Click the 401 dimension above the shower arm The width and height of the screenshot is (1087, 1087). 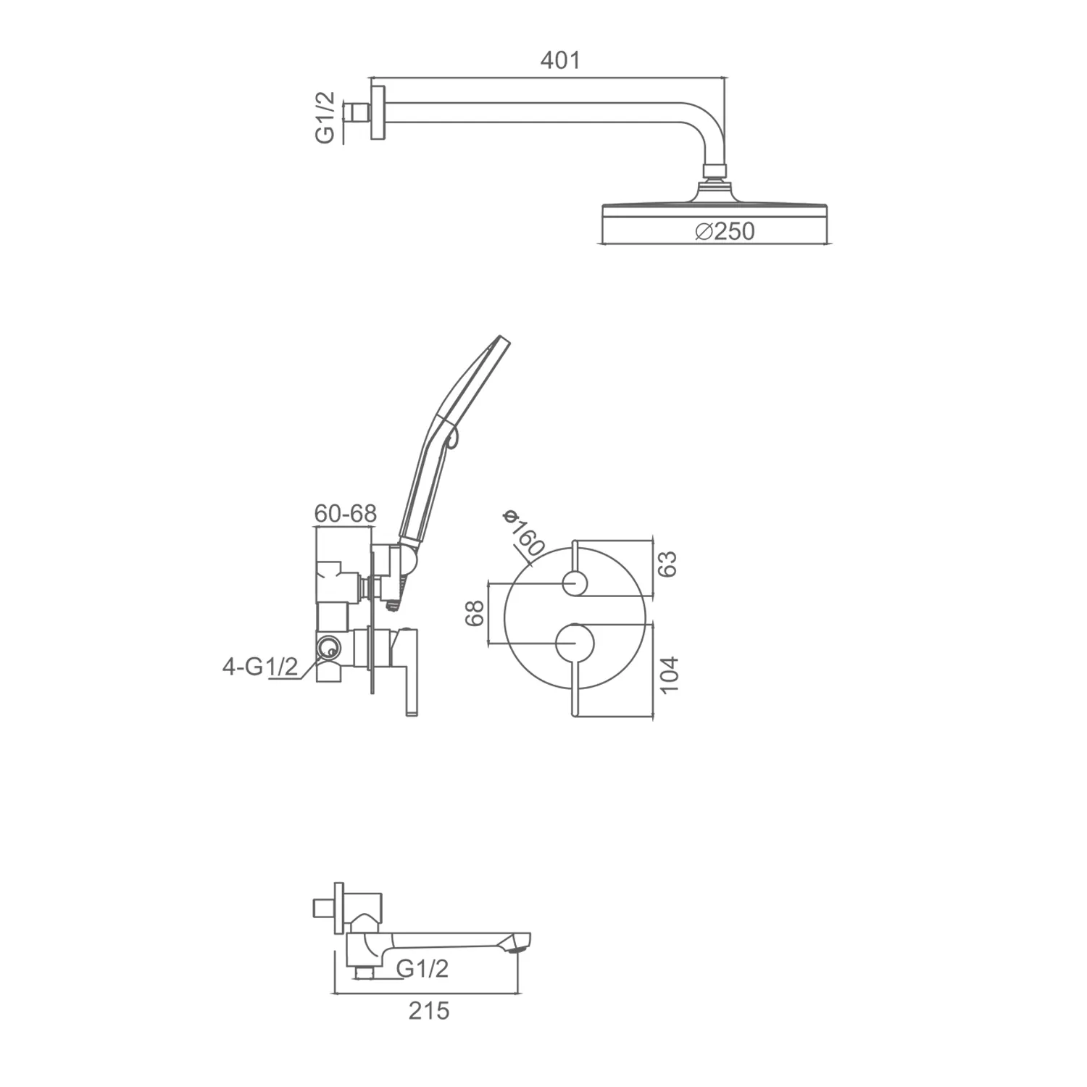[x=560, y=60]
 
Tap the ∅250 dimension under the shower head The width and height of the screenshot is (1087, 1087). [x=724, y=231]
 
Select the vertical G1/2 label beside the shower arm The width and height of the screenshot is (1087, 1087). [x=325, y=117]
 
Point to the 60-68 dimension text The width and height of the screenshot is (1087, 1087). [x=346, y=513]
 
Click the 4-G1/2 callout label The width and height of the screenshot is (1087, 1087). [x=260, y=666]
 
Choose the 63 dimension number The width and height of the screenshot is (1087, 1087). [x=667, y=564]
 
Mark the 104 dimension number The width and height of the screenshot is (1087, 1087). [x=669, y=674]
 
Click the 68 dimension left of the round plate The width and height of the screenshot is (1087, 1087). [x=474, y=613]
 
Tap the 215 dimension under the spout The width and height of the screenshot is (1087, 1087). [x=429, y=1010]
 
